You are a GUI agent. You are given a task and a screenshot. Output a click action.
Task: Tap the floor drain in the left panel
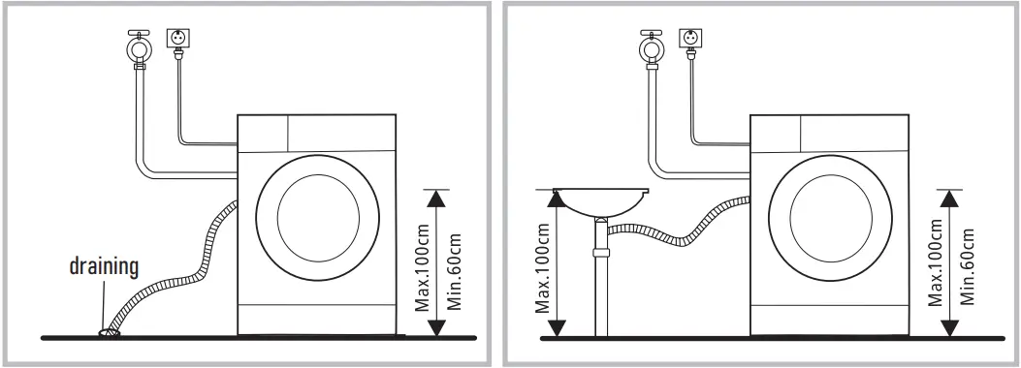click(109, 332)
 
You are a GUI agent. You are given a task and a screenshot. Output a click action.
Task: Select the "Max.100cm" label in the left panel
click(422, 261)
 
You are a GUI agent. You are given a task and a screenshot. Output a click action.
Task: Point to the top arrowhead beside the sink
click(556, 198)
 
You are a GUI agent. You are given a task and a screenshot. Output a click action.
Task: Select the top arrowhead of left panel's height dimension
click(437, 198)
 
